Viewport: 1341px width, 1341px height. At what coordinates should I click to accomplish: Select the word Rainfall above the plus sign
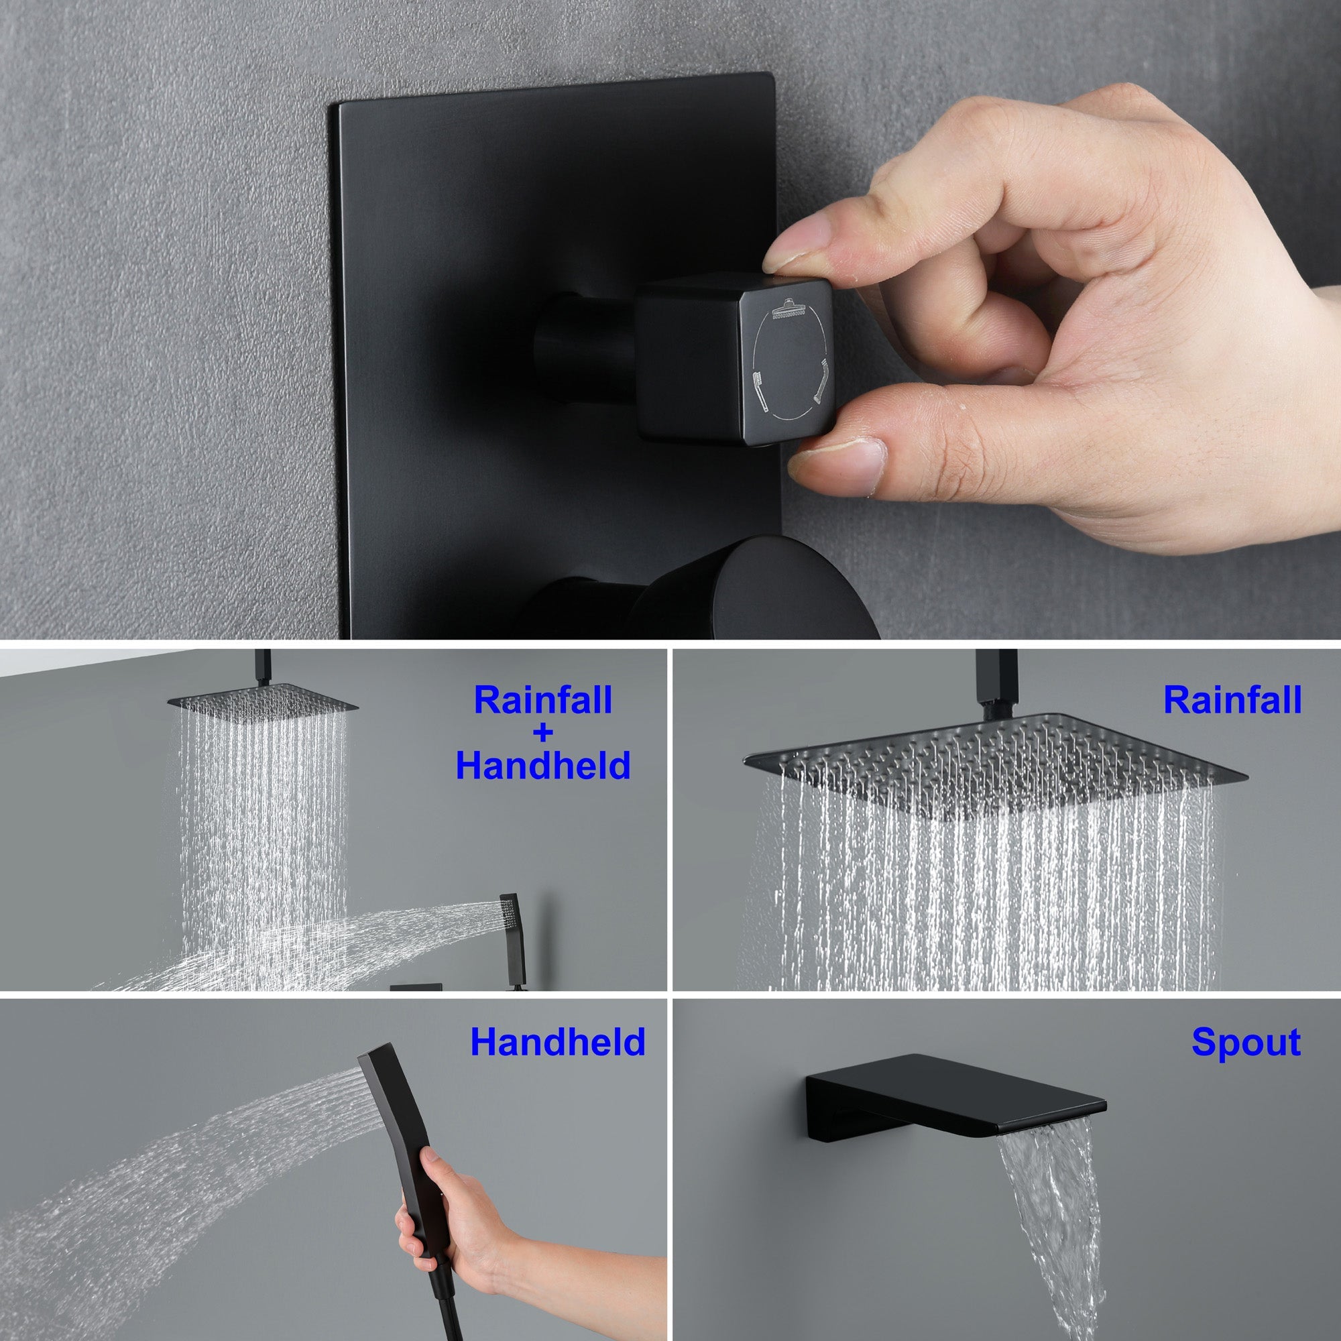pos(543,701)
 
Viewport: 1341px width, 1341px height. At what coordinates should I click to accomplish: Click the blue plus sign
pos(543,733)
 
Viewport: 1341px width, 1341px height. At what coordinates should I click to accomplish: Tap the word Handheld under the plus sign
pos(543,766)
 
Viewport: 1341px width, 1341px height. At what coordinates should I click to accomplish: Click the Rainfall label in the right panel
pos(1232,701)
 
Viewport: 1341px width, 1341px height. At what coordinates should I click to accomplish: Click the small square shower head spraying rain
pos(262,703)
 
